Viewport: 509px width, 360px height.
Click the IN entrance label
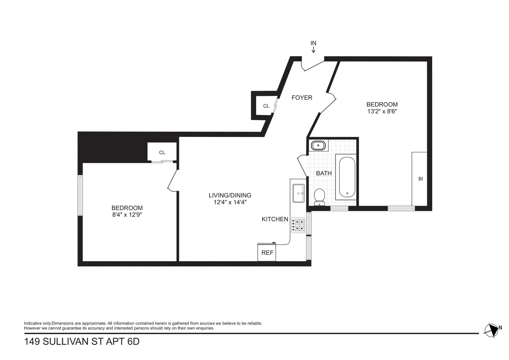pyautogui.click(x=313, y=43)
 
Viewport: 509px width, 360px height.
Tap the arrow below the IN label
pyautogui.click(x=313, y=50)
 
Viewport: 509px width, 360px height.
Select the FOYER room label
pyautogui.click(x=302, y=98)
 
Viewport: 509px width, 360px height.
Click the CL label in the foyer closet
pyautogui.click(x=266, y=106)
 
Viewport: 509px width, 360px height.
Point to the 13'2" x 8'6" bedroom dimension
pyautogui.click(x=382, y=112)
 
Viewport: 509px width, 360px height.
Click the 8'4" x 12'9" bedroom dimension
pyautogui.click(x=127, y=215)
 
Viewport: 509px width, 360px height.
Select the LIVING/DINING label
pyautogui.click(x=230, y=195)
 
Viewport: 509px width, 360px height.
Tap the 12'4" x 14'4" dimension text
pyautogui.click(x=230, y=202)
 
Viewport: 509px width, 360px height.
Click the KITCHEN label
pyautogui.click(x=275, y=219)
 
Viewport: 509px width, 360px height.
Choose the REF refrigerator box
pyautogui.click(x=267, y=253)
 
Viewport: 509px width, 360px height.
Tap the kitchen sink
pyautogui.click(x=299, y=194)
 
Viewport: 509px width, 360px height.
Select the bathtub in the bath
pyautogui.click(x=347, y=177)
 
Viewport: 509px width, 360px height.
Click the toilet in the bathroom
pyautogui.click(x=319, y=197)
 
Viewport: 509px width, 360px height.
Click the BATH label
pyautogui.click(x=324, y=173)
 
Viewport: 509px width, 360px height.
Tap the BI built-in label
pyautogui.click(x=420, y=179)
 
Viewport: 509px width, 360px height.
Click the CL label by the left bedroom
pyautogui.click(x=162, y=152)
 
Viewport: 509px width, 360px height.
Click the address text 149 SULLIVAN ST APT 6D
pyautogui.click(x=81, y=342)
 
